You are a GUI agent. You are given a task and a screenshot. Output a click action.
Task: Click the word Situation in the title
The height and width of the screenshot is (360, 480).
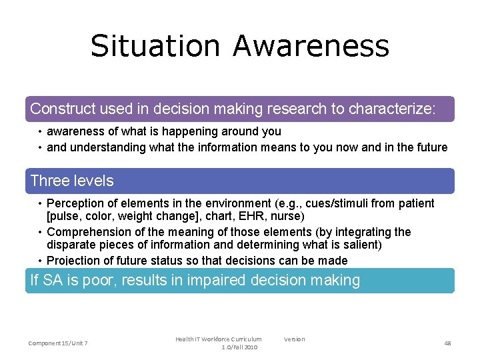point(155,46)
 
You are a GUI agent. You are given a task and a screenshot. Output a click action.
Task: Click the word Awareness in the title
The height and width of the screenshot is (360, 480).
point(311,46)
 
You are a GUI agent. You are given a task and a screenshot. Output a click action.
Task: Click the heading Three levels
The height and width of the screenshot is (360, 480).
point(72,181)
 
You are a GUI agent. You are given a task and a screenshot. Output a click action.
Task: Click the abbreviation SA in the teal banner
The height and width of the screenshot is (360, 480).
point(55,281)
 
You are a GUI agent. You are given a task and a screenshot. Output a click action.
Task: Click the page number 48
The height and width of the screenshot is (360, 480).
point(447,343)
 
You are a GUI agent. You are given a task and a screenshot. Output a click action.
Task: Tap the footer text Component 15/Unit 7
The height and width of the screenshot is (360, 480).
point(58,343)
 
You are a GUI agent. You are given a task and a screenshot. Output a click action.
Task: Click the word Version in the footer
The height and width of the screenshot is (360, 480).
point(294,339)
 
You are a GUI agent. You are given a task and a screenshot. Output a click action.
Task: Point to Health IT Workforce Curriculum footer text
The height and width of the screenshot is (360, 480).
point(219,339)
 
